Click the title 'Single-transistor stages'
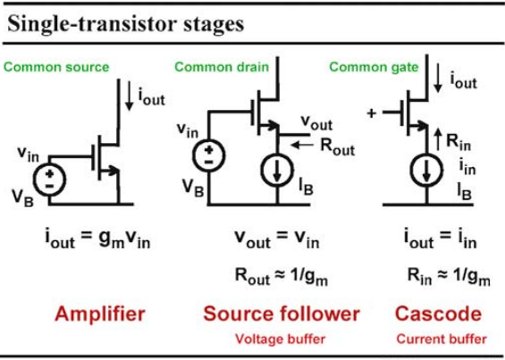point(126,24)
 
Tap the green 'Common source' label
point(56,67)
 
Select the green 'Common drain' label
point(222,67)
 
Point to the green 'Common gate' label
point(374,67)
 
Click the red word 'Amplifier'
point(100,314)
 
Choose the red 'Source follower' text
point(282,314)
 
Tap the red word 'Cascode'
point(438,314)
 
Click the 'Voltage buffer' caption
point(280,339)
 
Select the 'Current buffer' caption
point(442,339)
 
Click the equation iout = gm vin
point(97,239)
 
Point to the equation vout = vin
point(277,239)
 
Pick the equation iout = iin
point(441,239)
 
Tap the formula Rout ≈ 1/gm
point(282,277)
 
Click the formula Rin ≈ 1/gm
point(449,277)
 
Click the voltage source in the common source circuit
point(49,180)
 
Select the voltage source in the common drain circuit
point(208,155)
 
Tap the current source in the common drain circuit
point(277,171)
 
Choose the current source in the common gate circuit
point(426,171)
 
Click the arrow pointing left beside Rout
point(302,145)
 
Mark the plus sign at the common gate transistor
point(371,113)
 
